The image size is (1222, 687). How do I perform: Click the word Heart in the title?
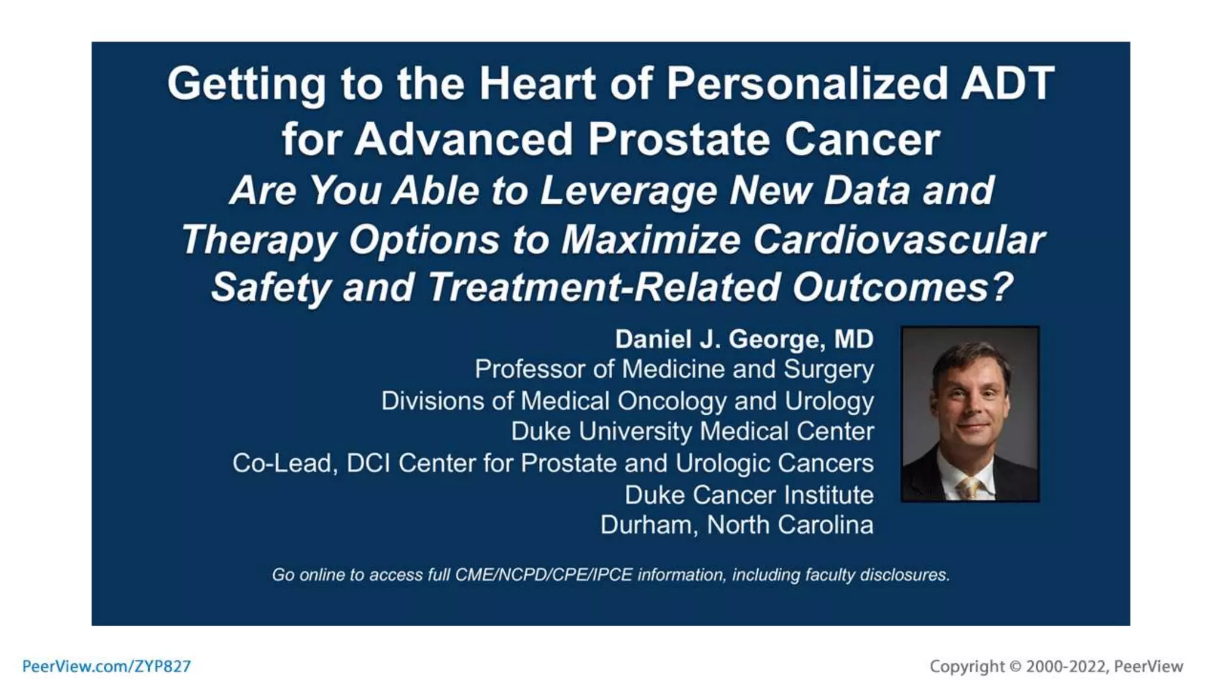pos(537,83)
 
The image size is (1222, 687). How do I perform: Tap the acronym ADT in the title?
pos(1008,83)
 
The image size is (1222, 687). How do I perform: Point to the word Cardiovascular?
pos(899,240)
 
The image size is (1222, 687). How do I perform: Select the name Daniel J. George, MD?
pos(744,339)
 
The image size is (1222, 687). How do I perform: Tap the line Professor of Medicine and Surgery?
pos(674,369)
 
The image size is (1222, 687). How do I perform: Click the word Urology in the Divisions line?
pos(829,401)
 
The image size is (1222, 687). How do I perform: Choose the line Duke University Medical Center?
pos(692,432)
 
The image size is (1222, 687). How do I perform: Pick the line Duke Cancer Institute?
pos(749,495)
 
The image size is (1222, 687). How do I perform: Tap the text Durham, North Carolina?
pos(737,525)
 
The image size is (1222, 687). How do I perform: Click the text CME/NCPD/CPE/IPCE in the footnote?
pos(544,575)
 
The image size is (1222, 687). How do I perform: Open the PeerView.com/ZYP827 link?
pos(106,666)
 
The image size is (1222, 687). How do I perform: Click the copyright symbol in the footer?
pos(1016,666)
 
